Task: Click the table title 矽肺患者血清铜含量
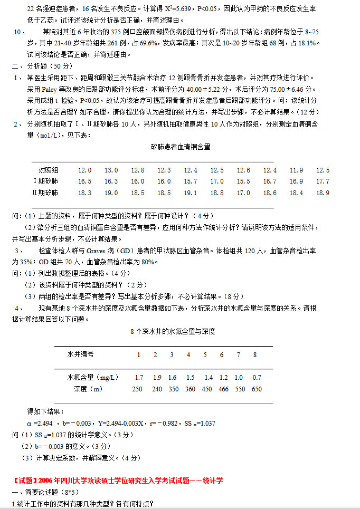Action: (181, 147)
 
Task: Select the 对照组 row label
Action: (49, 170)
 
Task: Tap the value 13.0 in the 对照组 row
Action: (111, 170)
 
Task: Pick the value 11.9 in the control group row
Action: (297, 170)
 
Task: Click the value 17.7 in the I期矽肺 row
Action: (323, 181)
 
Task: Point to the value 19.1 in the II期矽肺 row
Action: (191, 193)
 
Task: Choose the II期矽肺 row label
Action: (45, 193)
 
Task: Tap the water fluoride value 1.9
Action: (157, 378)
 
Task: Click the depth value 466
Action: (223, 389)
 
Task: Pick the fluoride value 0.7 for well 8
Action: (257, 378)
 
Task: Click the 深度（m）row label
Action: (89, 389)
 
